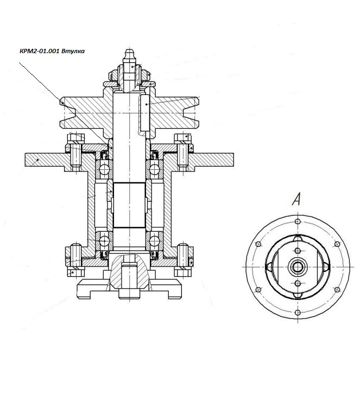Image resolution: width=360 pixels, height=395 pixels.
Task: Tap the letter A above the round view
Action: pos(296,200)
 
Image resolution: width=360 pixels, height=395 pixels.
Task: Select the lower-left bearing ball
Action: pos(103,239)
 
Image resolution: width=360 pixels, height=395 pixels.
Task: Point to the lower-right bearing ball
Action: pos(154,239)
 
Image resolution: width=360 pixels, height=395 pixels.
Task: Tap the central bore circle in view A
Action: pos(297,266)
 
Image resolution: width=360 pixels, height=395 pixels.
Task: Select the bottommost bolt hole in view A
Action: pos(297,311)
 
